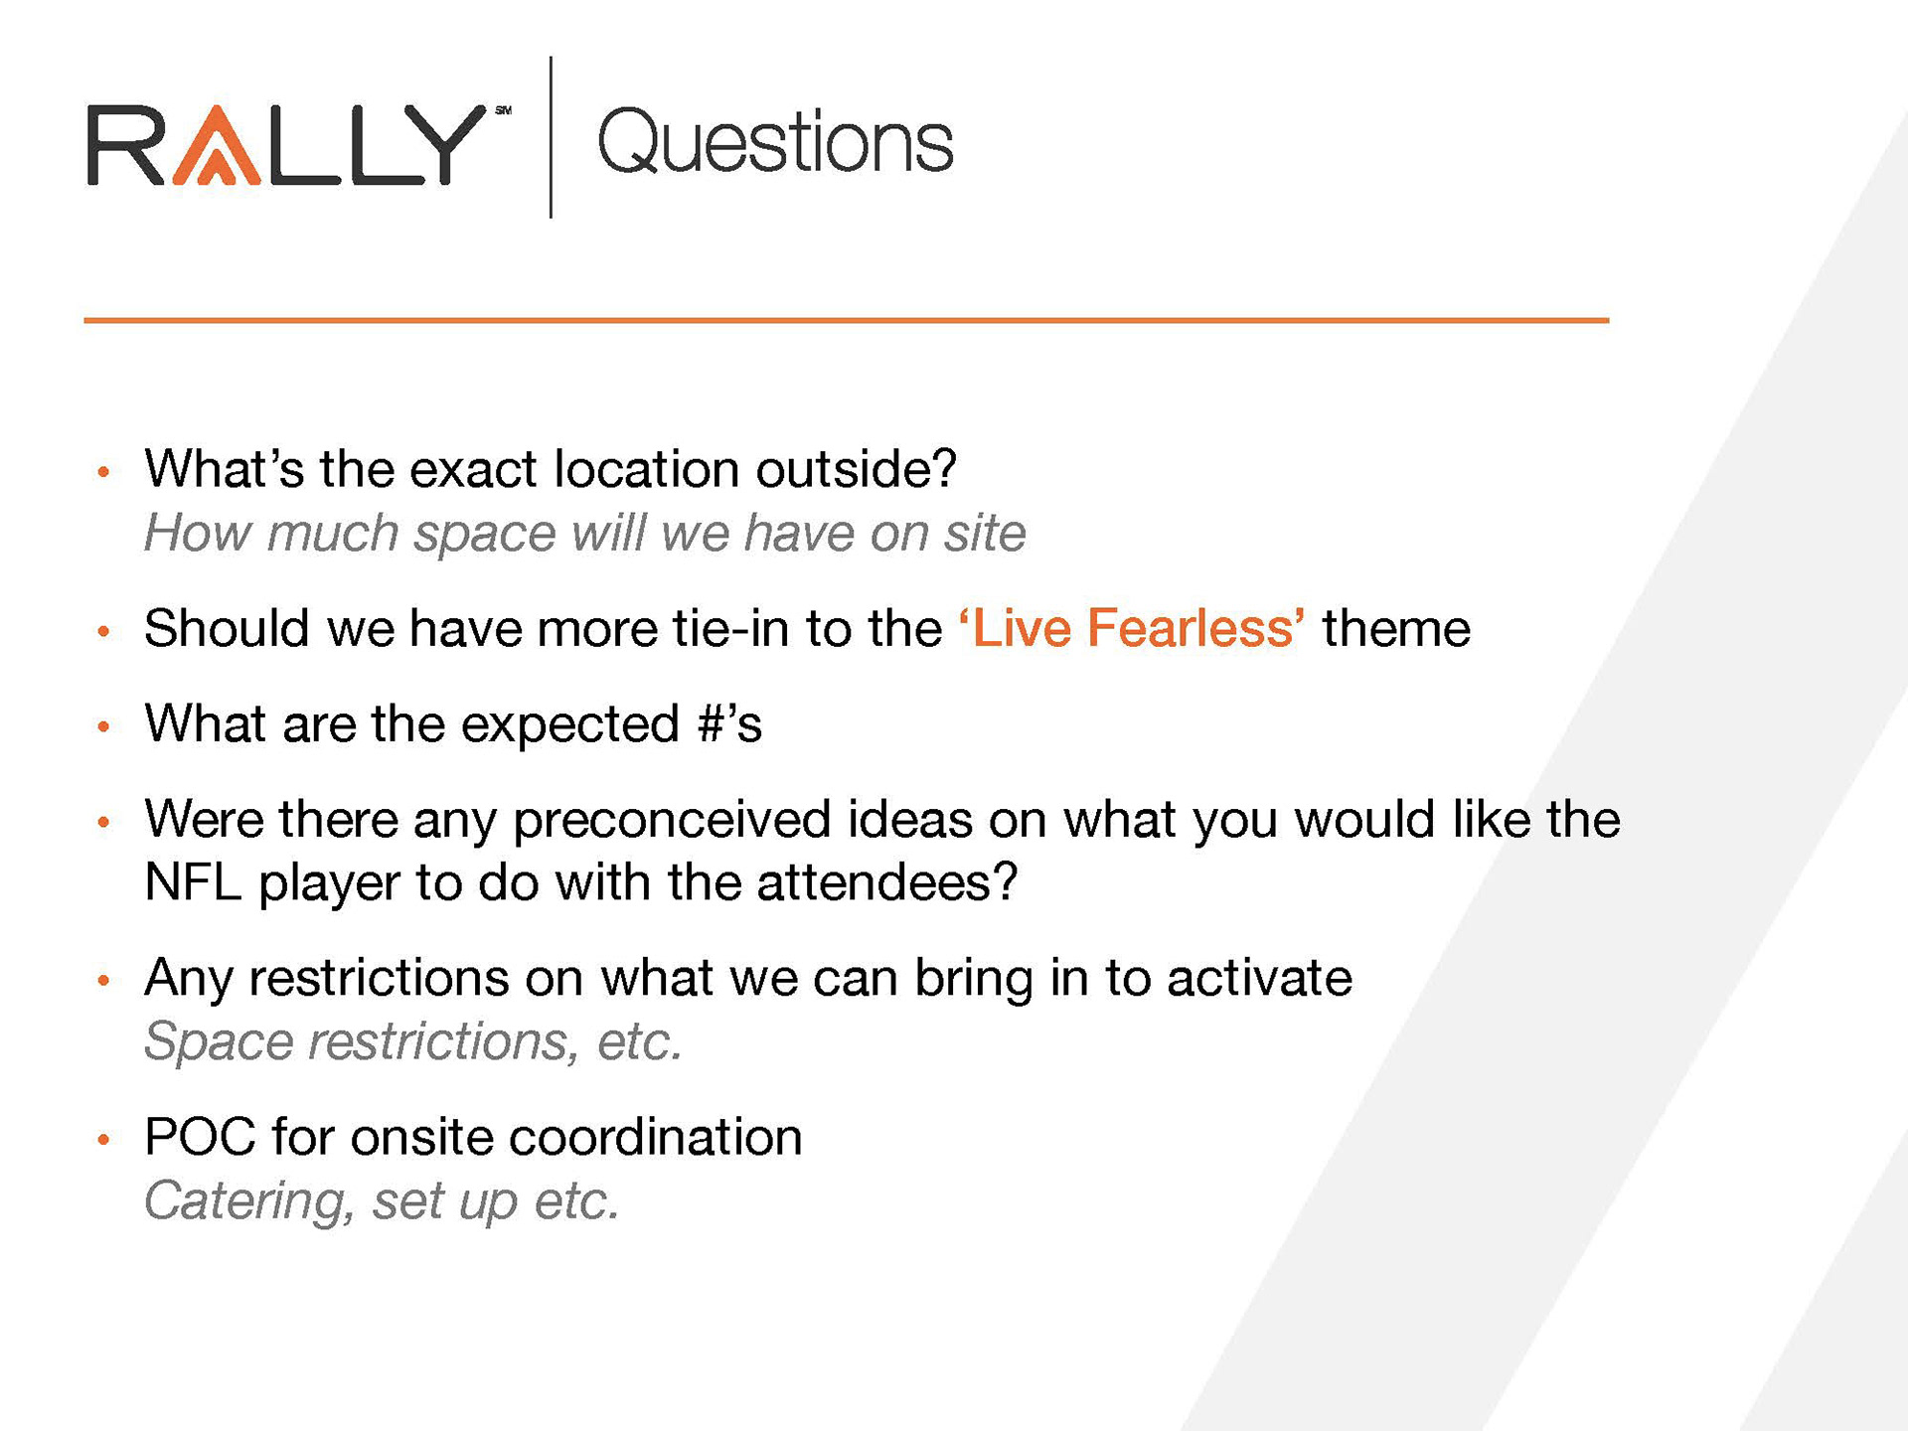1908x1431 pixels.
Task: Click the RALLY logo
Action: pos(298,145)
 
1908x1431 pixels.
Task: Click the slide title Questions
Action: pos(775,142)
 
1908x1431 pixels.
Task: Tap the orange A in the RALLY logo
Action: pos(217,145)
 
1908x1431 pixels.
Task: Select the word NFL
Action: pos(193,882)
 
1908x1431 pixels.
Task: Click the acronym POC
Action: pos(201,1137)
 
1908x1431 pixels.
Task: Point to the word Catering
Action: pos(249,1201)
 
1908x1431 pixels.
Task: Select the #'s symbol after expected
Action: pos(730,723)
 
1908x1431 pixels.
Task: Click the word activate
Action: pos(1259,978)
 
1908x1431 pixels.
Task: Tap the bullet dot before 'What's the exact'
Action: pos(103,472)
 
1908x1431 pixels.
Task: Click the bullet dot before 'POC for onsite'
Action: pos(103,1140)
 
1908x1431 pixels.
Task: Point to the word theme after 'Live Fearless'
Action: pos(1396,629)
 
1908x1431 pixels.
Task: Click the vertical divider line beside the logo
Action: pos(551,137)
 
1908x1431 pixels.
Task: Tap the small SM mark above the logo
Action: pos(503,110)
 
